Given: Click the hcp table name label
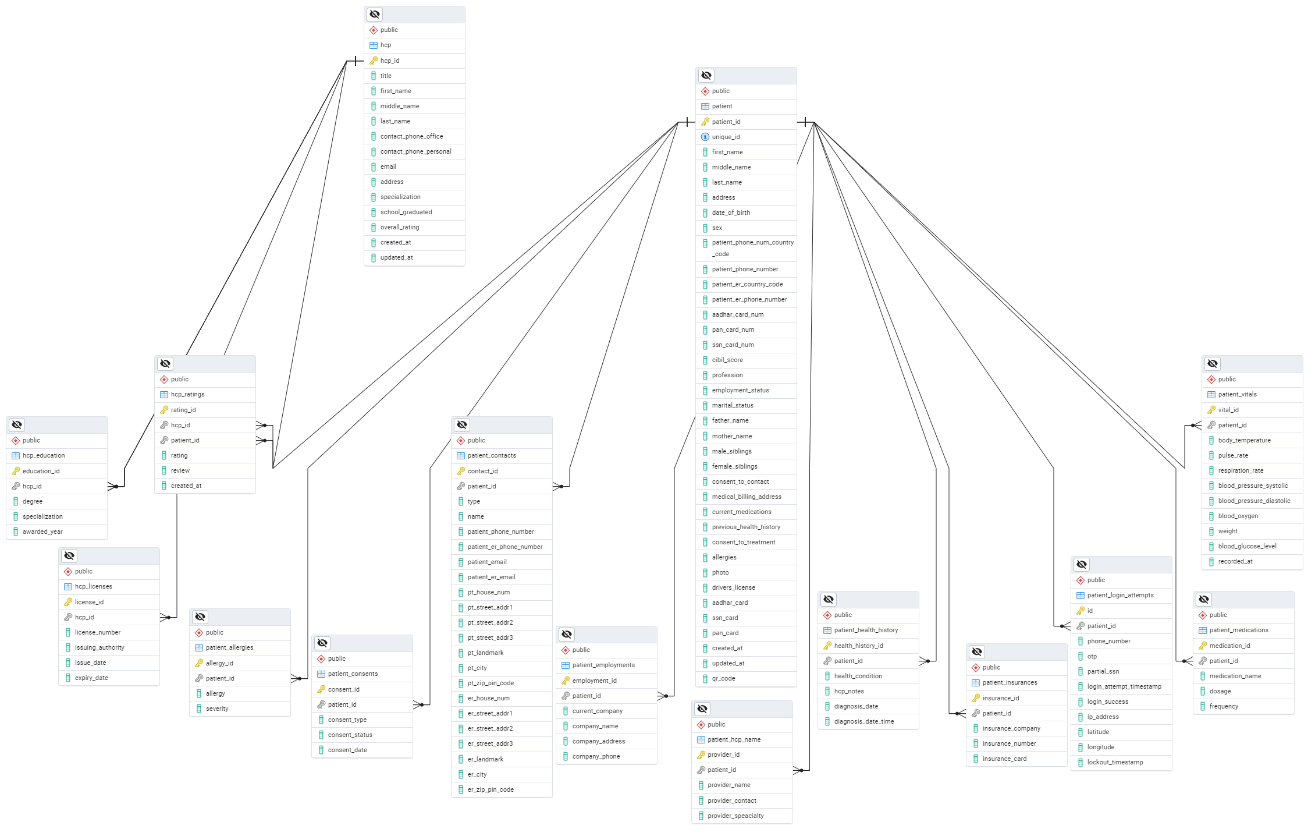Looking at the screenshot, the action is click(385, 45).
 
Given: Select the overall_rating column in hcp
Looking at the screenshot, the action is click(399, 227).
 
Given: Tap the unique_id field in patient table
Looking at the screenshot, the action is click(726, 137).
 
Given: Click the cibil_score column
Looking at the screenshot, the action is click(727, 360).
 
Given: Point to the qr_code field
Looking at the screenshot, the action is click(723, 678).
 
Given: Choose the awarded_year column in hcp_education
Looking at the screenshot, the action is click(42, 532).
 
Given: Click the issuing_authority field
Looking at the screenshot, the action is click(99, 647).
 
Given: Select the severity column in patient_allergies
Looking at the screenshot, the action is click(217, 709).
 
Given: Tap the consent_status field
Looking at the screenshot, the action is click(350, 735).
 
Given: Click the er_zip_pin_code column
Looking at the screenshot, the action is click(491, 789).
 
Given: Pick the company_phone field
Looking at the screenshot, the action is click(596, 756).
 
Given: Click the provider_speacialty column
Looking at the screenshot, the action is click(735, 816).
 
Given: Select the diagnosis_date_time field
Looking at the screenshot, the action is click(864, 721).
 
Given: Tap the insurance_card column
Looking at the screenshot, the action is click(1004, 759).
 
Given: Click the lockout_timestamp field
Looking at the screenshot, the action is click(1115, 762).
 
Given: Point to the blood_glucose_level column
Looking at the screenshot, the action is click(1247, 546).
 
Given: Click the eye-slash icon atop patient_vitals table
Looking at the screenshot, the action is click(1213, 364).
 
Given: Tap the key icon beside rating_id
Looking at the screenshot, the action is click(164, 410).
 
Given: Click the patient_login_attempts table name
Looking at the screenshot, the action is click(1120, 595).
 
